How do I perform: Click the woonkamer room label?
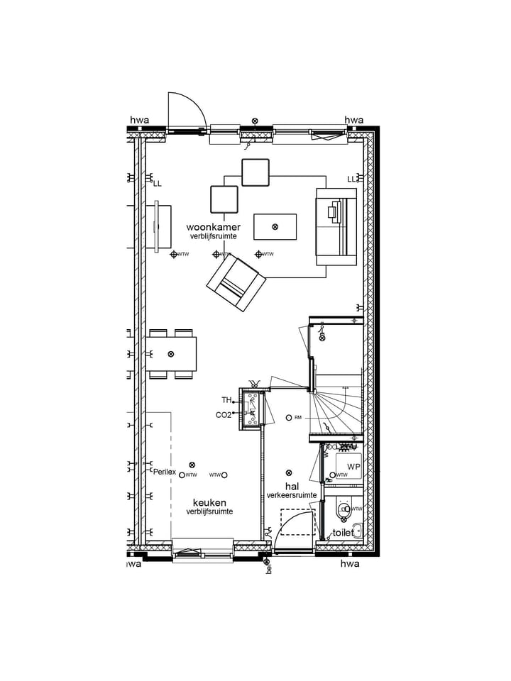coord(209,227)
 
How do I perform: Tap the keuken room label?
coord(209,502)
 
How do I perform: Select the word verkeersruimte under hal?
coord(292,495)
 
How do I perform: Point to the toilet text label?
coord(343,532)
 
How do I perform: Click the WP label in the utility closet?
coord(353,467)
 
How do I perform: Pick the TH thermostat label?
coord(226,401)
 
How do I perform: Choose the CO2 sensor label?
coord(224,415)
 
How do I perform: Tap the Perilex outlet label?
coord(164,471)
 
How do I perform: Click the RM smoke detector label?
coord(298,418)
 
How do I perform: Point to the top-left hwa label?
coord(139,120)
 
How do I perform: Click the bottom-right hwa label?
coord(351,564)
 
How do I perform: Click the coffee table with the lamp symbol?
coord(275,227)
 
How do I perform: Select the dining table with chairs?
coord(172,353)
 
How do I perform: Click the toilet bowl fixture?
coord(344,509)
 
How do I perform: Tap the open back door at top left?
coord(186,113)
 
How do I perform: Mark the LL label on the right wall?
coord(351,179)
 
